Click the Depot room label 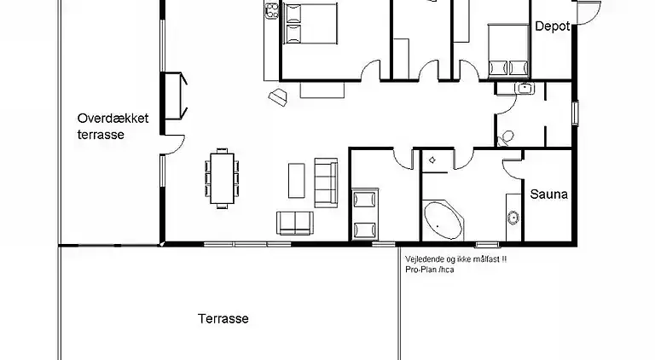(x=553, y=26)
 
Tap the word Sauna (x=548, y=195)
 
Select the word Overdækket (x=113, y=119)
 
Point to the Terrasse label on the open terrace (x=223, y=319)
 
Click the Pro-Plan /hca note (x=430, y=270)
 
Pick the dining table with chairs (x=222, y=178)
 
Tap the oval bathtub (x=443, y=221)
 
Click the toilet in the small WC (x=505, y=139)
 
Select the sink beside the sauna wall (x=513, y=218)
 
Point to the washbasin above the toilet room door (x=525, y=88)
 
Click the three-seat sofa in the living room (x=326, y=183)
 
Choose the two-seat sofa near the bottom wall (x=295, y=223)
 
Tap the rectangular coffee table (x=297, y=180)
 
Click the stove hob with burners (x=272, y=10)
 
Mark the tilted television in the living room (x=278, y=97)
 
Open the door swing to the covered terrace (x=176, y=144)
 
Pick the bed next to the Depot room (x=508, y=51)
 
